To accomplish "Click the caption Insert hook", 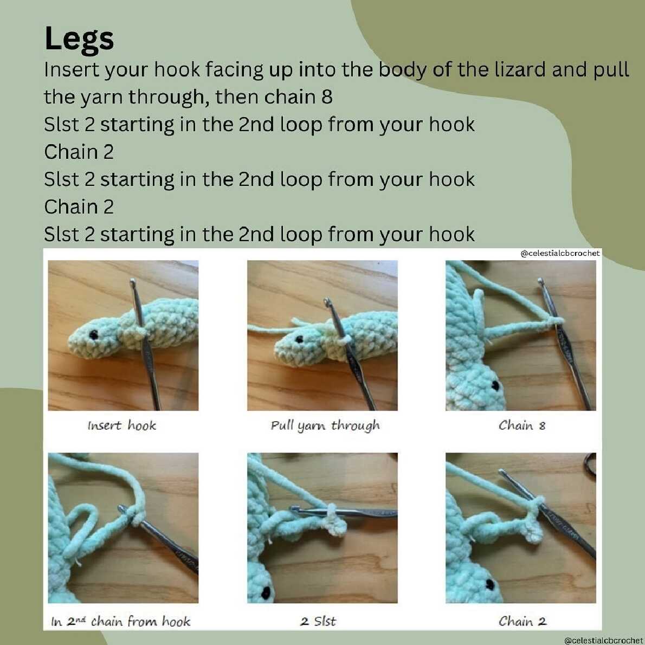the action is tap(122, 425).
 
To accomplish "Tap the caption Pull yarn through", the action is tap(325, 425).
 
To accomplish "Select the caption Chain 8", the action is tap(521, 425).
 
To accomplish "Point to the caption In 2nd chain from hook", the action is tap(121, 621).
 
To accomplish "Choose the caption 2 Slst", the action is tap(318, 621).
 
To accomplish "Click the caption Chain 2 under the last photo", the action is tap(523, 621).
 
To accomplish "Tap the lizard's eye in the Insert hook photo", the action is tap(94, 334).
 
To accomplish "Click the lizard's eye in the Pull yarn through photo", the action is tap(299, 339).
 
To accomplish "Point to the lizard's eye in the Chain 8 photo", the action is tap(495, 385).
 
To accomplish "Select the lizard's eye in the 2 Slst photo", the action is tap(266, 592).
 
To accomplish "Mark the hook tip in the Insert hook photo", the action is tap(132, 282).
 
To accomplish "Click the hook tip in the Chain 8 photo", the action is tap(541, 282).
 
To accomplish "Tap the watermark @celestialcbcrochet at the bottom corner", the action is tap(604, 641).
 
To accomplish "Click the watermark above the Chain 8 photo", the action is tap(560, 254).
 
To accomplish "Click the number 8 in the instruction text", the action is tap(327, 97).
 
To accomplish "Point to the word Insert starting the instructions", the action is tap(72, 69).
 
